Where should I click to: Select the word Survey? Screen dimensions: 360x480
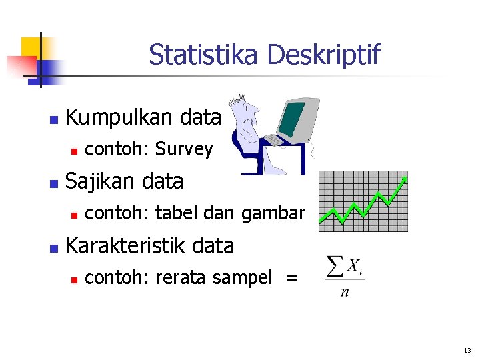[184, 150]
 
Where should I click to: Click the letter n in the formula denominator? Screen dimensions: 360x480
[345, 292]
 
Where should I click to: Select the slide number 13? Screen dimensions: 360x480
[466, 351]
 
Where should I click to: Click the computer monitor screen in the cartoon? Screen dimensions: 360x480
[292, 117]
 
